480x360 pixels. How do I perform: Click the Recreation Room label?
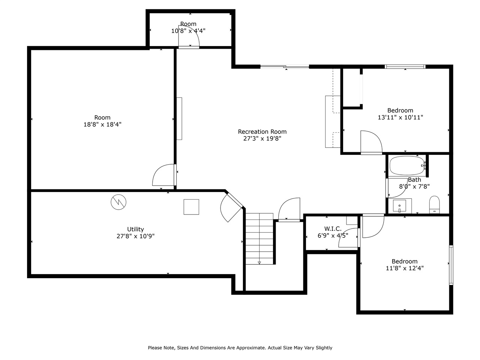(x=262, y=132)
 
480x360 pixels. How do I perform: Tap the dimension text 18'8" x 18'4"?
(x=102, y=124)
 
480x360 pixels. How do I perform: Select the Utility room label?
(x=135, y=229)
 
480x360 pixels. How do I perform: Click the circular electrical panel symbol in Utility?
(x=118, y=202)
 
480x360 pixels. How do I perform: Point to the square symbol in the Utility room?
(x=191, y=207)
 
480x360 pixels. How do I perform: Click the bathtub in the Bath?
(x=407, y=165)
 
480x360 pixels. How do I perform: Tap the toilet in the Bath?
(x=434, y=204)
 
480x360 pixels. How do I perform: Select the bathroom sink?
(x=400, y=206)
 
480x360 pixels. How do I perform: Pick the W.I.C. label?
(x=333, y=229)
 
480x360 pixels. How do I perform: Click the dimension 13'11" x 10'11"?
(x=400, y=117)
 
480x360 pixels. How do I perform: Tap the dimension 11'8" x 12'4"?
(x=405, y=268)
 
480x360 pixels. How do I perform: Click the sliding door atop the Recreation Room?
(x=285, y=67)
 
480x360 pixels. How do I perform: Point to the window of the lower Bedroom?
(x=451, y=265)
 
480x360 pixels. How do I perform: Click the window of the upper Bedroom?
(x=405, y=67)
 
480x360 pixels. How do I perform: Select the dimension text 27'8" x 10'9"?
(x=135, y=236)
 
